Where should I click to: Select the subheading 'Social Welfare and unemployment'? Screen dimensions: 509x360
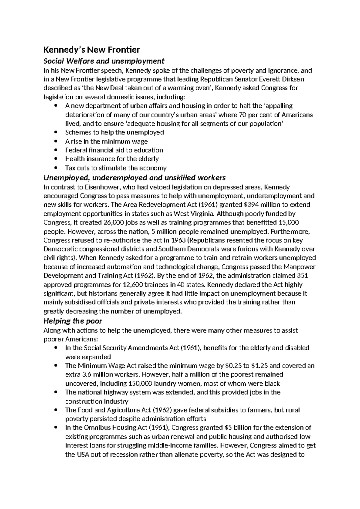[x=104, y=61]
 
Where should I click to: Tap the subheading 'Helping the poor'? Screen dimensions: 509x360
[x=73, y=321]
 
